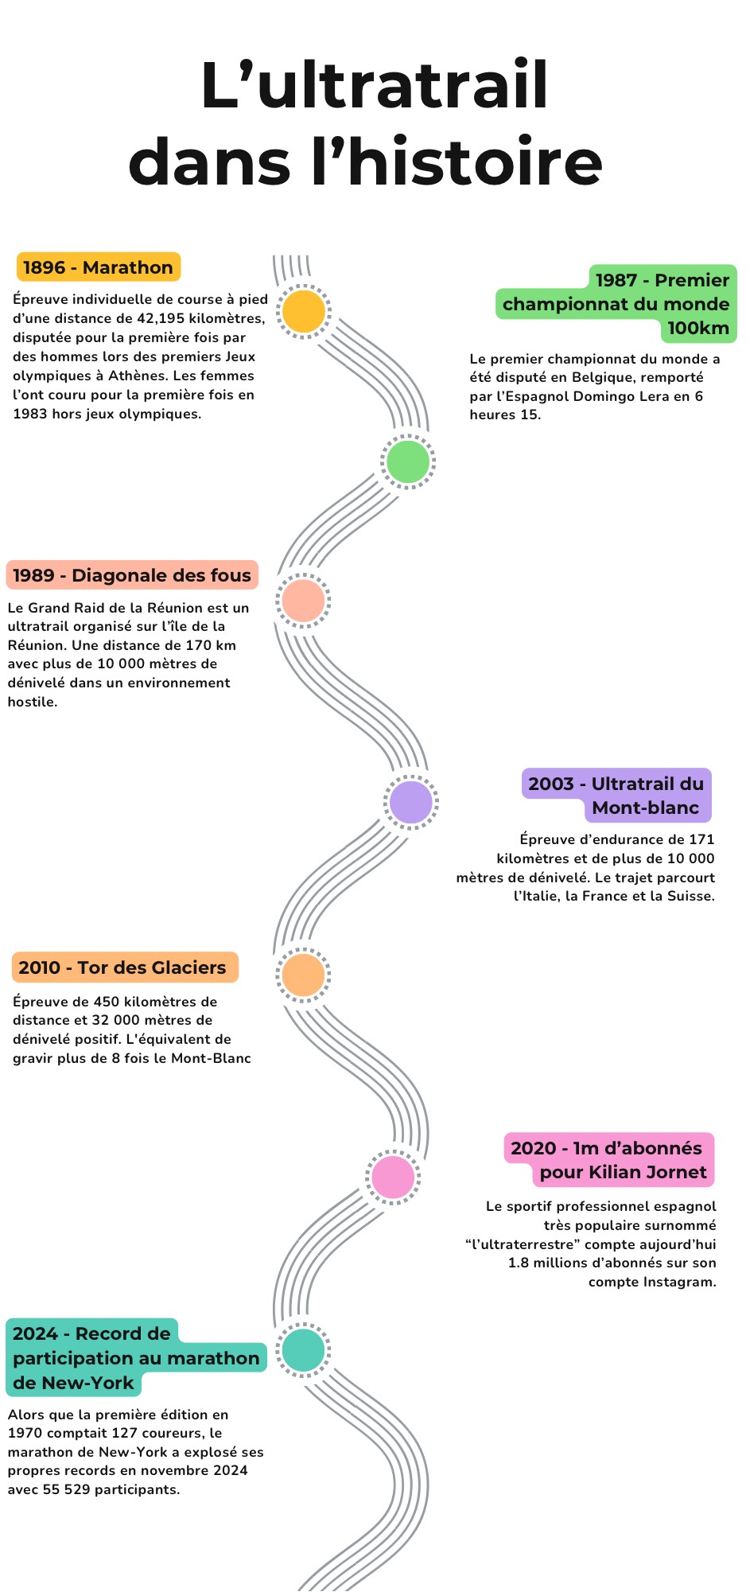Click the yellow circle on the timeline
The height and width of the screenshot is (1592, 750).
(304, 311)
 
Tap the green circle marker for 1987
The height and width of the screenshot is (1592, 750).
(408, 461)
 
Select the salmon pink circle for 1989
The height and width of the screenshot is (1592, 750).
(304, 601)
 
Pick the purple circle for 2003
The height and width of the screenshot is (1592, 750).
(411, 802)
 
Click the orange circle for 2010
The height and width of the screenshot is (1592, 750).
(304, 975)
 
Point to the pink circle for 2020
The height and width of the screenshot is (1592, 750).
(393, 1177)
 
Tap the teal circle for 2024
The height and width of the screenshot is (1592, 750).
(304, 1350)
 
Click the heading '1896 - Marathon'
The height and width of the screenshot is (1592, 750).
(98, 267)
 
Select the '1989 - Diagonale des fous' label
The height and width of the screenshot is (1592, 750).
(132, 575)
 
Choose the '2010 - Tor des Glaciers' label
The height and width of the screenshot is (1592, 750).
(123, 967)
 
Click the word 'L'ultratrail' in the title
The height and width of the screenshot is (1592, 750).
(375, 84)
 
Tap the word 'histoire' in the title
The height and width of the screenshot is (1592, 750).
(475, 161)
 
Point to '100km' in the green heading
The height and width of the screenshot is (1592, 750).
(698, 328)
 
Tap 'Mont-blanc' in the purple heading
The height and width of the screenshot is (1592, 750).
(646, 808)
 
